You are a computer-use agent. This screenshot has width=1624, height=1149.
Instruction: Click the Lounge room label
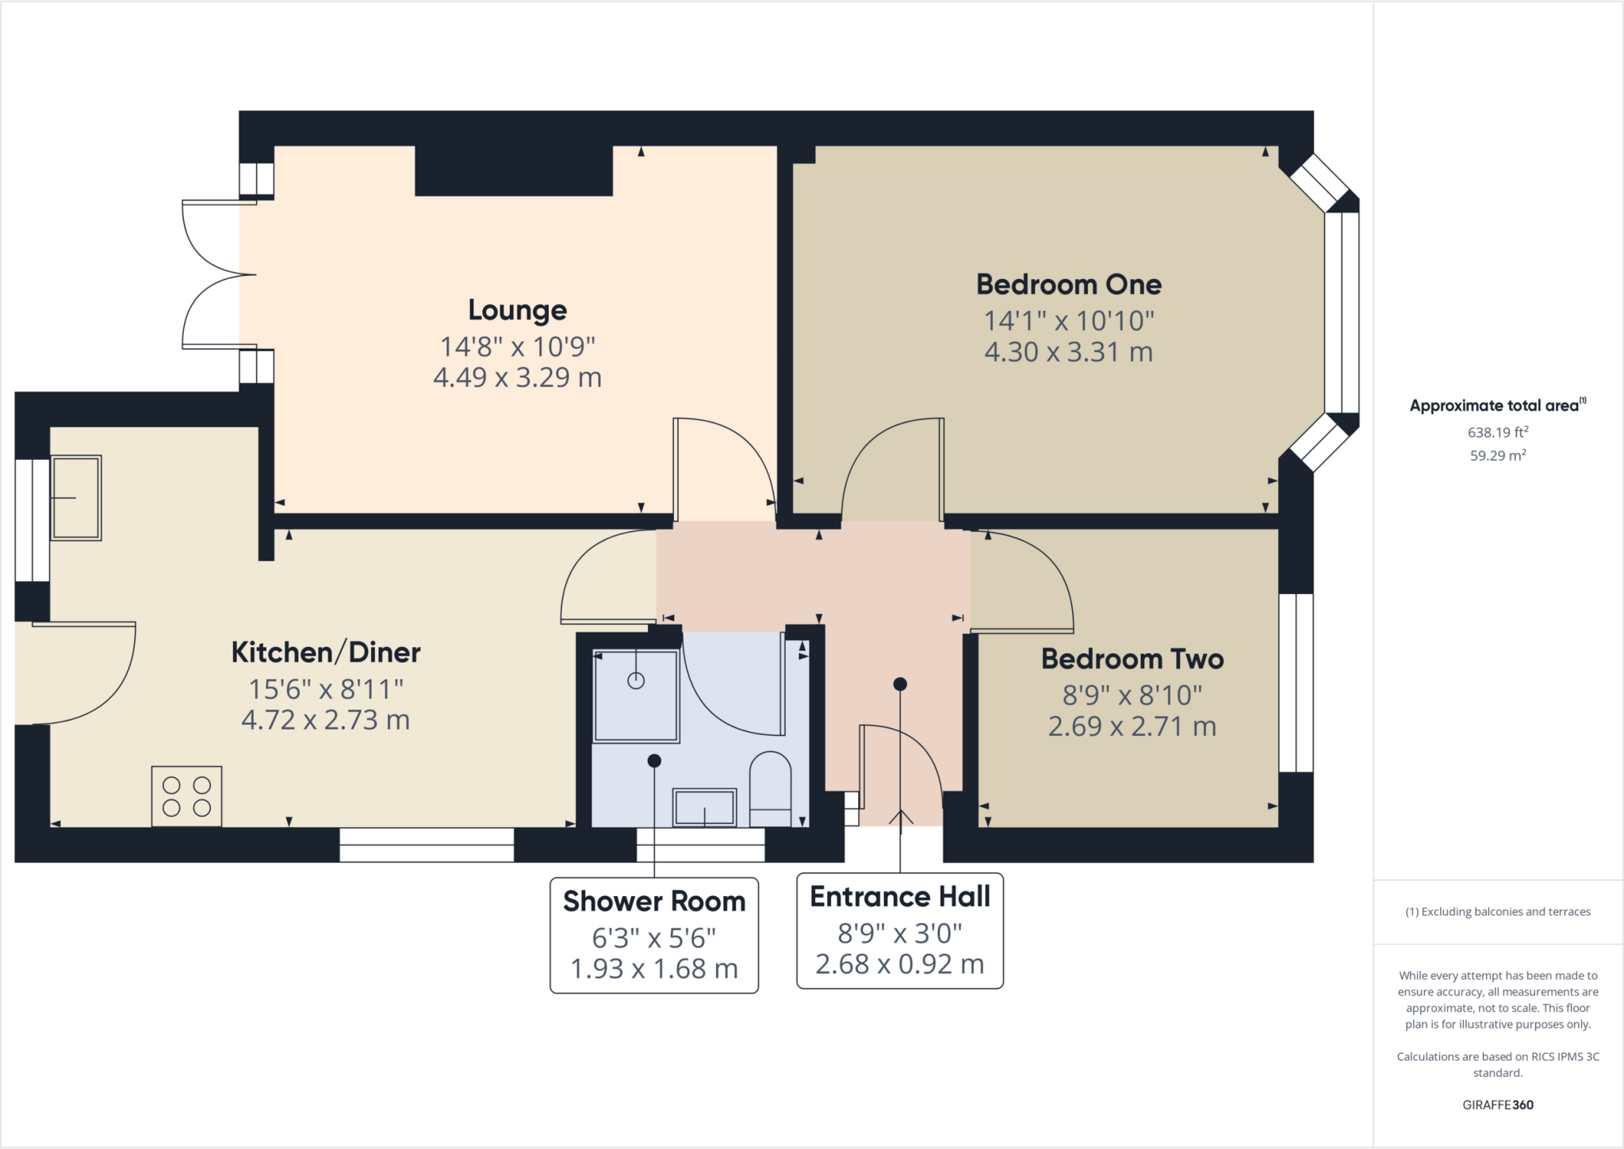tap(517, 310)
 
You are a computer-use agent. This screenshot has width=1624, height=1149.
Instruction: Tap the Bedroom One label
tap(1069, 284)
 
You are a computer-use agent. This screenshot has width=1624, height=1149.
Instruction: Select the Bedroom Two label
tap(1132, 659)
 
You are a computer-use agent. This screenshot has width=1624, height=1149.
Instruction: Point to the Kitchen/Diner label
tap(326, 652)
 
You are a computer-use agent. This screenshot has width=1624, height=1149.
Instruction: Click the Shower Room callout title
tap(654, 902)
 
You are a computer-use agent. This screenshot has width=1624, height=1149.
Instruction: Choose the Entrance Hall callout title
tap(900, 897)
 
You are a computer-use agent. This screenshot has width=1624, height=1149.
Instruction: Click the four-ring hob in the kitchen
tap(186, 796)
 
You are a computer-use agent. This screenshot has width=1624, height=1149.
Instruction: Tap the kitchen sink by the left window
tap(76, 498)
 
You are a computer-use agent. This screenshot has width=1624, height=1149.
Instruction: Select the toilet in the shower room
tap(770, 789)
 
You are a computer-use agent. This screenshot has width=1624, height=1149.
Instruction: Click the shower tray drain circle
tap(636, 680)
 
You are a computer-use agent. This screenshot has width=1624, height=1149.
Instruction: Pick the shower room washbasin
tap(704, 807)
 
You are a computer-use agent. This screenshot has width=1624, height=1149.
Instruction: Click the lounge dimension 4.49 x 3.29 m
tap(517, 377)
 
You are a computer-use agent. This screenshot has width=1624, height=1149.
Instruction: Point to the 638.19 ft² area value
tap(1498, 432)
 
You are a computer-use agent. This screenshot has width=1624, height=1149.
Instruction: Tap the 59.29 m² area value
tap(1498, 455)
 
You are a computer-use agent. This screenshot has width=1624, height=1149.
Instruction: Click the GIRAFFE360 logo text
tap(1498, 1105)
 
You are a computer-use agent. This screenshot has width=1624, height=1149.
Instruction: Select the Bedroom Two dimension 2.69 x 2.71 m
tap(1132, 726)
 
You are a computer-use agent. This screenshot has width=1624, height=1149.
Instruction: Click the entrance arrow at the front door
tap(900, 818)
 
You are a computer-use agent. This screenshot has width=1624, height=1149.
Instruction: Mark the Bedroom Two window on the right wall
tap(1297, 683)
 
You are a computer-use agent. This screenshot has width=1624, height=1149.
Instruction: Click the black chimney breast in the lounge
tap(514, 170)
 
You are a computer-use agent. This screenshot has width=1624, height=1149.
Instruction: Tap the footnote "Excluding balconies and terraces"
tap(1506, 912)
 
